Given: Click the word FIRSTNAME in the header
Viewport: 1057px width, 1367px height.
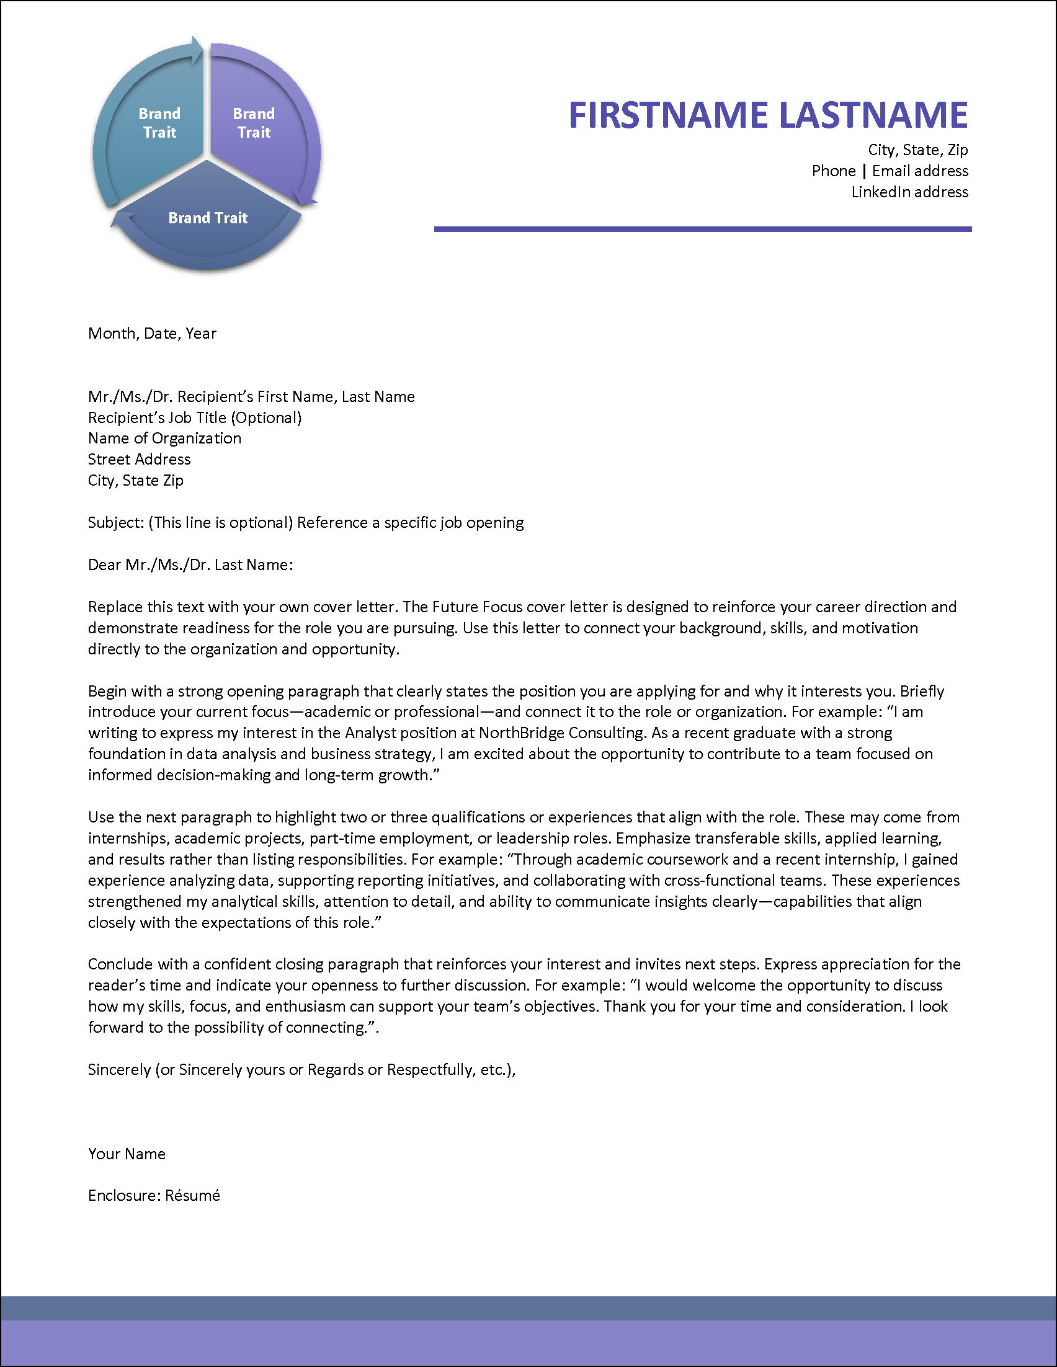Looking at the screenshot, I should (667, 115).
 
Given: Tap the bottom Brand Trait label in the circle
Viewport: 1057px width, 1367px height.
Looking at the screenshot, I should (208, 218).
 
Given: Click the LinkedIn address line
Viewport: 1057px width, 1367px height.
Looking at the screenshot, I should (909, 192).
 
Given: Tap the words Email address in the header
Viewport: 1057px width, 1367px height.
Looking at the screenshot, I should (920, 171).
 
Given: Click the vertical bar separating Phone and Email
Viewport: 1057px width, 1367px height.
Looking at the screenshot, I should (864, 171).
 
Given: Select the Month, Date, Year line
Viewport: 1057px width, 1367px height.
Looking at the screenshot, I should (152, 334).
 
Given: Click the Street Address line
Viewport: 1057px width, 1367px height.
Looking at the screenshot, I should (139, 460).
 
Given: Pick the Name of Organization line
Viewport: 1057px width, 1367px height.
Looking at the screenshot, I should (164, 438).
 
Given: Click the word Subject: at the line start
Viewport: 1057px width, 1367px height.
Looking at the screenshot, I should (116, 523).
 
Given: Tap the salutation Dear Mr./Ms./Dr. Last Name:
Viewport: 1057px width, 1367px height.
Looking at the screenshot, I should (190, 564).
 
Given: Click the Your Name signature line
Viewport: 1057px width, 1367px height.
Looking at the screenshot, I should (127, 1154).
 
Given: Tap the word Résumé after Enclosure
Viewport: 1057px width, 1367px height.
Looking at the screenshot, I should (192, 1195).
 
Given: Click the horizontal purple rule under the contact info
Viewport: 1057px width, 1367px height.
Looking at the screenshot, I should (702, 229).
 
